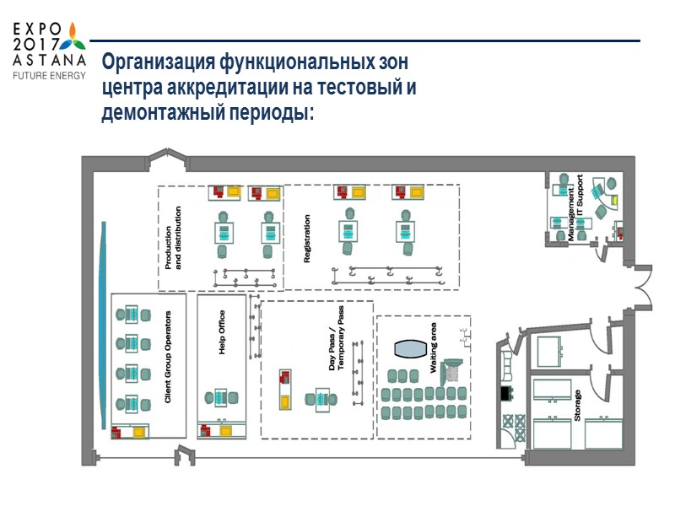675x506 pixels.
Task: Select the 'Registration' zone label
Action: pyautogui.click(x=307, y=238)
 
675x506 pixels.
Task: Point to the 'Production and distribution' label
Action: pyautogui.click(x=174, y=239)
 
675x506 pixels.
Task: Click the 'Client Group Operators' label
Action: pyautogui.click(x=168, y=356)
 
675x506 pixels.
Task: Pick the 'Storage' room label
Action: pyautogui.click(x=578, y=406)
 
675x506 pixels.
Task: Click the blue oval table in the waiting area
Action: pyautogui.click(x=412, y=349)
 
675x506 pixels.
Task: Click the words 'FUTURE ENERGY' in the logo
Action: pyautogui.click(x=48, y=75)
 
